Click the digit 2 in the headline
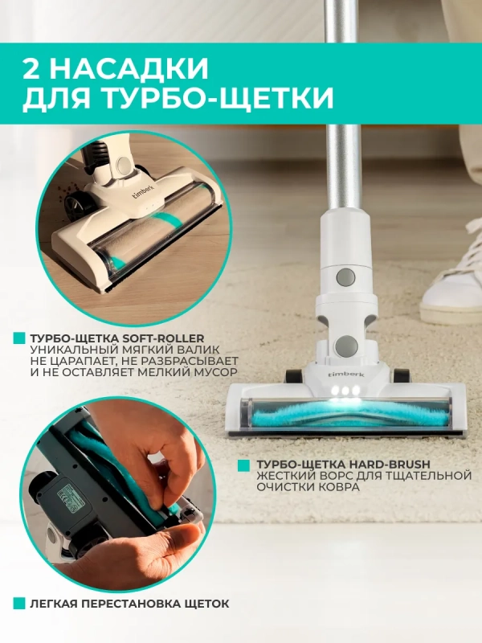33,68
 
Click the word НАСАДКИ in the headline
131,68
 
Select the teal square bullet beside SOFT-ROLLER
18,338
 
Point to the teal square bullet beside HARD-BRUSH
244,465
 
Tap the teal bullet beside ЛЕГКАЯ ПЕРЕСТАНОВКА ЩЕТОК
18,604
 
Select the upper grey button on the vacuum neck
345,276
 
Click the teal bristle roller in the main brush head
345,414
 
